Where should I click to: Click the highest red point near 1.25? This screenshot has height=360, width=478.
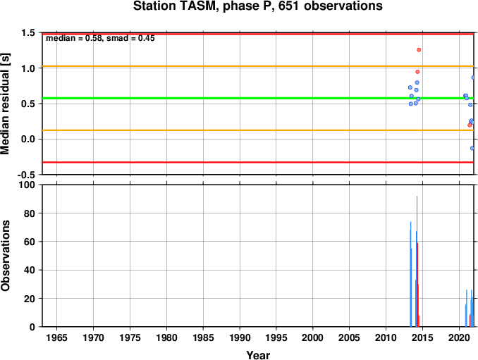tap(419, 50)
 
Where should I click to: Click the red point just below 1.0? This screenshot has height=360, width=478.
tap(417, 72)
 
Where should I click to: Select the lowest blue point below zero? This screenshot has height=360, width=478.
tap(472, 149)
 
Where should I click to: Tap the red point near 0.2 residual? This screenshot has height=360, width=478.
tap(470, 125)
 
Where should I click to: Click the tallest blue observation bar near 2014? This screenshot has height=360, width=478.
tap(417, 261)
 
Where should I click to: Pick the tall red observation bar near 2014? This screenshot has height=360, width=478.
tap(417, 285)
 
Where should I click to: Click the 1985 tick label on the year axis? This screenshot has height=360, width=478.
tap(203, 337)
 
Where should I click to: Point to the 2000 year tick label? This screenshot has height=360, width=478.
tap(313, 337)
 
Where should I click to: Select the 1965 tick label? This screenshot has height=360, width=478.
tap(57, 337)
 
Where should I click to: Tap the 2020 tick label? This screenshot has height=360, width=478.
tap(459, 337)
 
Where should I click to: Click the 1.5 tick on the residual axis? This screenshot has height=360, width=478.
tap(28, 33)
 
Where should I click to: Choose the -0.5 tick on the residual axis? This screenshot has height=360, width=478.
tap(26, 175)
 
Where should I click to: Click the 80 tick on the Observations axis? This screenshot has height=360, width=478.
tap(30, 213)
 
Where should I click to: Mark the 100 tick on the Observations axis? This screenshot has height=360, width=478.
tap(27, 185)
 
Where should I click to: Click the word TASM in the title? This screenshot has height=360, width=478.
tap(196, 6)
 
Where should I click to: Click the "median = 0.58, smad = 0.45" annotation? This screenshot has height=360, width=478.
tap(100, 38)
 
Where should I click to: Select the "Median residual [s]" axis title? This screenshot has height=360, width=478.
tap(6, 104)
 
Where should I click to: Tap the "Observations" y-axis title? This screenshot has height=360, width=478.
tap(6, 256)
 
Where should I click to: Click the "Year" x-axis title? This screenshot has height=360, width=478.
tap(258, 355)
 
